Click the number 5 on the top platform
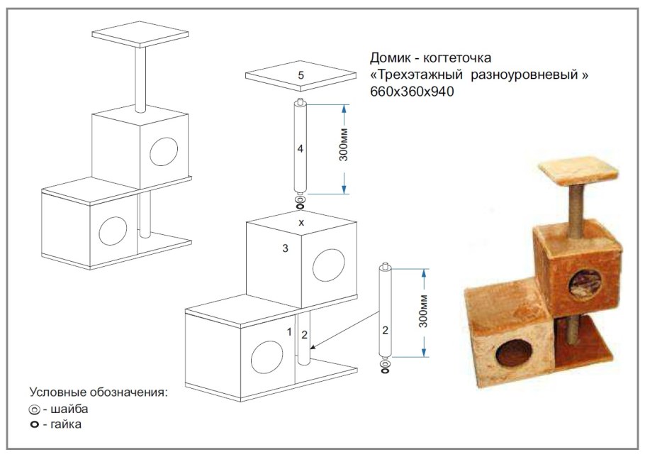[x=301, y=75]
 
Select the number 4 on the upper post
[x=301, y=149]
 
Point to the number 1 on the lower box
[x=289, y=331]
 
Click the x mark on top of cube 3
[x=301, y=222]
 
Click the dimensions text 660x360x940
[x=412, y=92]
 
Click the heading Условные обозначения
[x=98, y=392]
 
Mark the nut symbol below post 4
[x=300, y=207]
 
